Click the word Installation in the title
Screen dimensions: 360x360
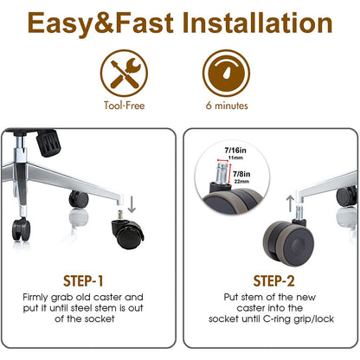257,22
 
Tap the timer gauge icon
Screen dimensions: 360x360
226,74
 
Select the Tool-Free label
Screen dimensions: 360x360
125,106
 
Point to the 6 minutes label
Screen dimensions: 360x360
227,106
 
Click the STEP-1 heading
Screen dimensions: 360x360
83,281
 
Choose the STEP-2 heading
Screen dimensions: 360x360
273,281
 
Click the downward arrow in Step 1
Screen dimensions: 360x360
132,204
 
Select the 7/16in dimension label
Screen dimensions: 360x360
235,151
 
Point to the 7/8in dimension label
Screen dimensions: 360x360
241,174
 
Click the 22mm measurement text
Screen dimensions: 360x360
241,182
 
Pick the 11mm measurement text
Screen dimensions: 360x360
235,157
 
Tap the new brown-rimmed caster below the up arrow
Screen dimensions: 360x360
288,241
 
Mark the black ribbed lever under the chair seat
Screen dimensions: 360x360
48,143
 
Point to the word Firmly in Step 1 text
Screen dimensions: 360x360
35,298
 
